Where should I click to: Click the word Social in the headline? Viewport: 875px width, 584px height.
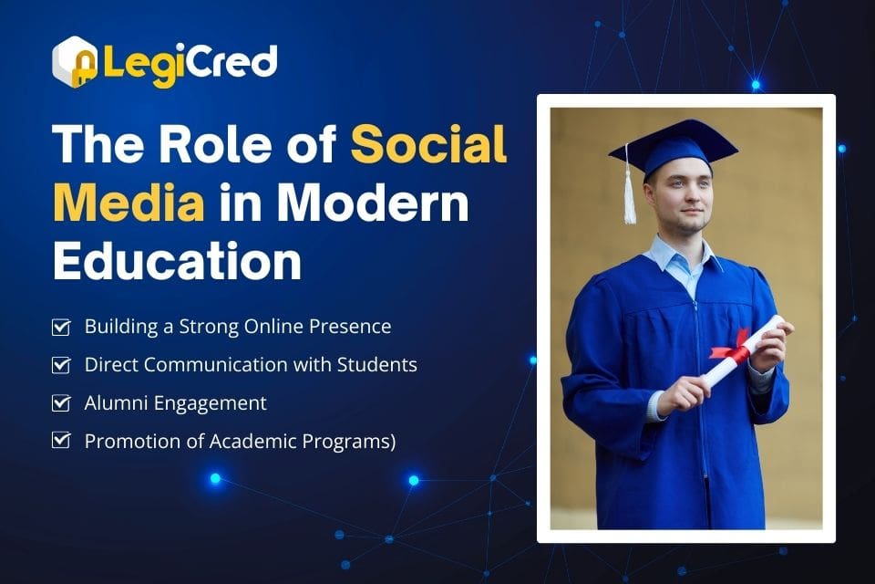428,145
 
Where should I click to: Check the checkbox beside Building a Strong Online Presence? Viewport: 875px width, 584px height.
61,327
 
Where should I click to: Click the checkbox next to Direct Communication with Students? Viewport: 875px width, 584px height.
61,365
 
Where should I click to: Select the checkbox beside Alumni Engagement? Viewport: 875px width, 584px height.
61,402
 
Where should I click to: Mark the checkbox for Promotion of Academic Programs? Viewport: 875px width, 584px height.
61,441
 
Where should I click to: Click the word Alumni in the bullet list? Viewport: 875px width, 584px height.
116,402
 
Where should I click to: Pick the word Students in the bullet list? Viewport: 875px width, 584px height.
379,365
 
